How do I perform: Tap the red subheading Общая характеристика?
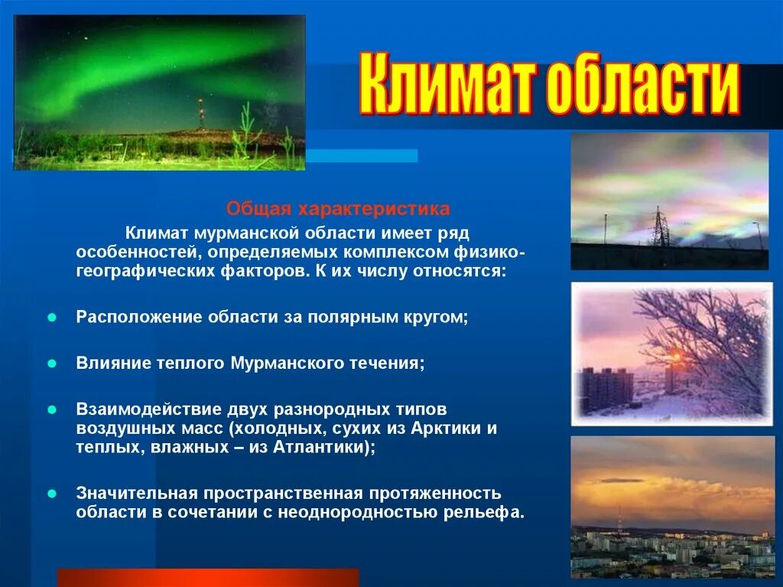point(338,208)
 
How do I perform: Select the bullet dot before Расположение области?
point(52,318)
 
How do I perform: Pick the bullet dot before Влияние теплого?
point(52,364)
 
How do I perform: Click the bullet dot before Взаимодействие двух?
point(52,410)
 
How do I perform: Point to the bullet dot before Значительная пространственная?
point(52,494)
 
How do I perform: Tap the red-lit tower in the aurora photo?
point(201,113)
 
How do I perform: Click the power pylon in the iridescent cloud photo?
point(660,227)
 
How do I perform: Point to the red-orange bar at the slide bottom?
point(208,578)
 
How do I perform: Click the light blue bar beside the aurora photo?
point(362,155)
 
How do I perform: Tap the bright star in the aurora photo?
point(86,38)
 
